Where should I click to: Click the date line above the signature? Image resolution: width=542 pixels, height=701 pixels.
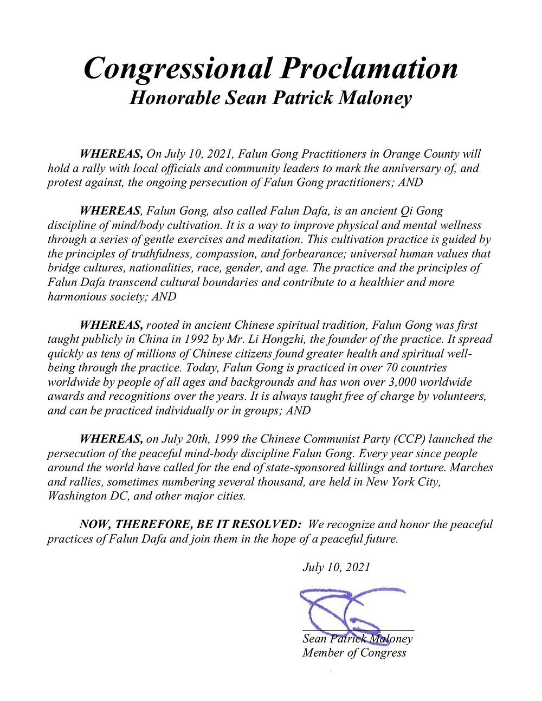pos(336,567)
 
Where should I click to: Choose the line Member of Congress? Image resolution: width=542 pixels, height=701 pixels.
pos(354,653)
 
